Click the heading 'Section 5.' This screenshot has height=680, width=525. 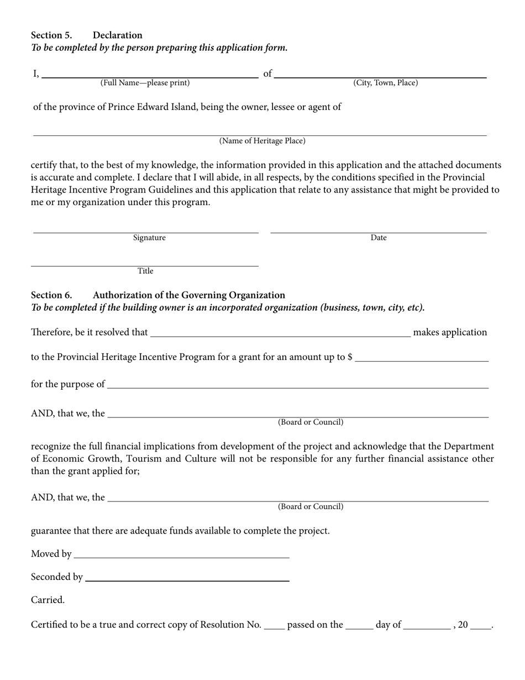51,35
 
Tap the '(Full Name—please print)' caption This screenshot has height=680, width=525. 145,83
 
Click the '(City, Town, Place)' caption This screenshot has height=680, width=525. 386,83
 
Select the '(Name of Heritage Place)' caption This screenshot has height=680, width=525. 262,141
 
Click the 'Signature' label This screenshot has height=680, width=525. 149,238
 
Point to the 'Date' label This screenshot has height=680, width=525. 379,238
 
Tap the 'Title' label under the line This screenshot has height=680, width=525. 145,271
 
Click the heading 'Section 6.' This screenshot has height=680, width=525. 51,295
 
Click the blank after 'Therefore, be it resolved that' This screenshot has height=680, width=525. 280,333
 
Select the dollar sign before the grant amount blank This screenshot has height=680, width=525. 350,357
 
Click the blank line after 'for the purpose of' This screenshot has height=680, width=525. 298,385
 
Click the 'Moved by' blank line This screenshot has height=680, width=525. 181,555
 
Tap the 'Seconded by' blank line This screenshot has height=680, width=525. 187,578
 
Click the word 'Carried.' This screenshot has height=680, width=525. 48,600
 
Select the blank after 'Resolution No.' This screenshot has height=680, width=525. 274,626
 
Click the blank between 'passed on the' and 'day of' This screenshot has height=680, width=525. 359,626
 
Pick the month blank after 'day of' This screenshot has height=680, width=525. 427,626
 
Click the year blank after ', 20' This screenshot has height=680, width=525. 481,626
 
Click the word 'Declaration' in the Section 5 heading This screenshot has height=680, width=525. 118,35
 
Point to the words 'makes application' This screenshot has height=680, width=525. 450,332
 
